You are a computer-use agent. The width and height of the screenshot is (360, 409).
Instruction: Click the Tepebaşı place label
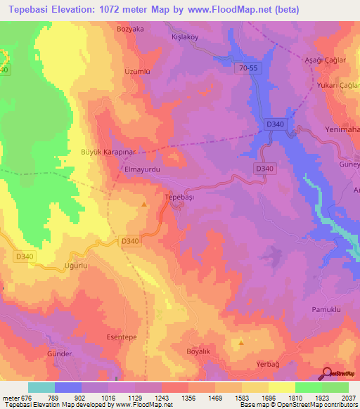coord(179,198)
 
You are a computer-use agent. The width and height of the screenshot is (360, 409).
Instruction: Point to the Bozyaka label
coord(131,29)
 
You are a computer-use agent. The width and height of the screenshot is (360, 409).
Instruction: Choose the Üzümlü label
coord(118,72)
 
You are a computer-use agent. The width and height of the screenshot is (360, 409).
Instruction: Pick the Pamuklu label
coord(326,309)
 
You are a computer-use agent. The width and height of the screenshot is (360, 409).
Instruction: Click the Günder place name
coord(59,353)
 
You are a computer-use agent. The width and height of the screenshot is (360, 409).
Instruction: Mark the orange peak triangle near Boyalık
coord(241,343)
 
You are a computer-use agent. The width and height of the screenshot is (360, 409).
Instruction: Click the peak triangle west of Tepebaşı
coord(144,204)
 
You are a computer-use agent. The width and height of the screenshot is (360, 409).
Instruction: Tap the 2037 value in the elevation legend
coord(347,398)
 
